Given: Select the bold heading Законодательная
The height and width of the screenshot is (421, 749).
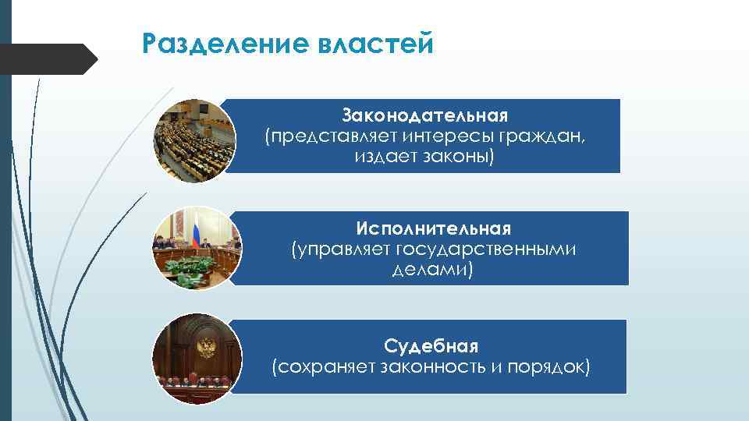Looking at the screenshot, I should click(424, 116).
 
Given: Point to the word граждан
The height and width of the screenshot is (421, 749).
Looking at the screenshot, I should click(541, 137).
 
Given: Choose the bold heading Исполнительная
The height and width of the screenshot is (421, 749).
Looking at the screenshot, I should click(433, 229).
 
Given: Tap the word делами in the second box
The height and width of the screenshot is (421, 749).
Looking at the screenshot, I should click(431, 270).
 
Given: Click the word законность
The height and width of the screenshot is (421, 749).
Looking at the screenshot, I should click(434, 366).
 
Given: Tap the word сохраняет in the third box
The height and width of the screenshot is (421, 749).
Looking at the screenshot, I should click(321, 366).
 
